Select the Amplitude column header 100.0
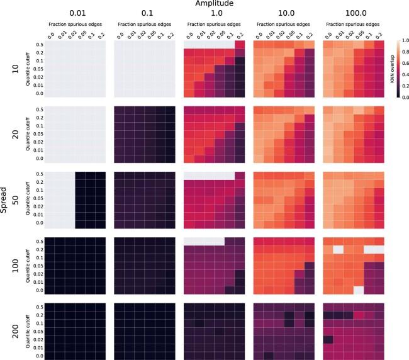353,14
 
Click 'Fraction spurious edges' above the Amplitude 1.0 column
215,23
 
